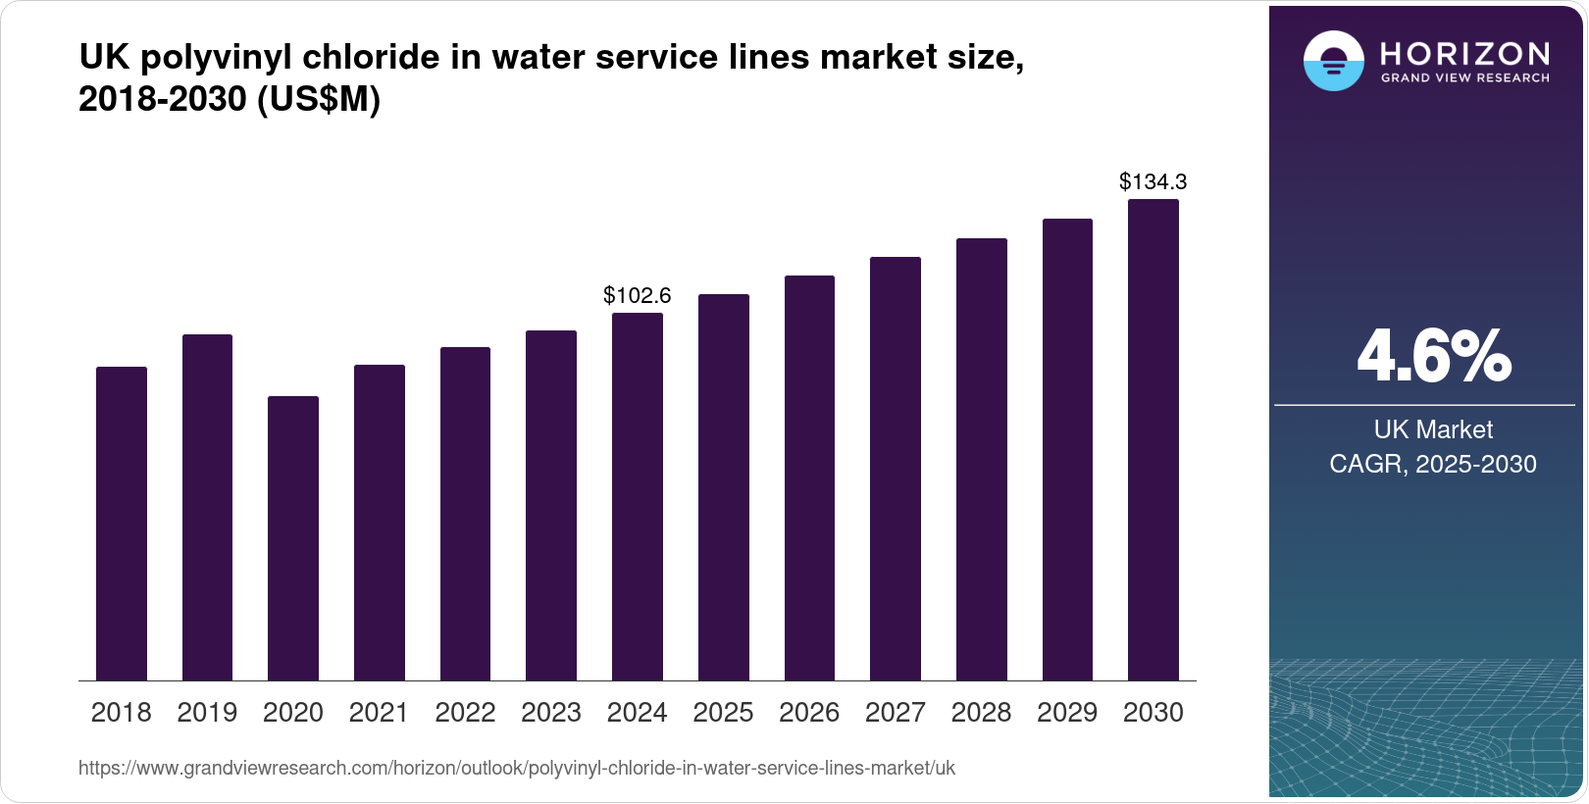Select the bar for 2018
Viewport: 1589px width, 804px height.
click(122, 524)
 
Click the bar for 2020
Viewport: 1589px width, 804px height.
click(293, 538)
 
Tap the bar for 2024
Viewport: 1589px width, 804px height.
click(637, 496)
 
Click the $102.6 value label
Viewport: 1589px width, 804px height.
click(637, 295)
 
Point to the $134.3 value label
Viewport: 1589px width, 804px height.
click(1153, 181)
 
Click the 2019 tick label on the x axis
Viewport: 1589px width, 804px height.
click(207, 713)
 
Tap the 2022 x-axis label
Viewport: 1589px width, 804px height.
click(465, 713)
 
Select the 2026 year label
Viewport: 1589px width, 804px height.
click(809, 713)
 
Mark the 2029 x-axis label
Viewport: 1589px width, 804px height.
click(1067, 713)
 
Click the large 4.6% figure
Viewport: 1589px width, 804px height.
click(1433, 357)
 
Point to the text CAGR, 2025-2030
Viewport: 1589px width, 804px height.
click(1433, 464)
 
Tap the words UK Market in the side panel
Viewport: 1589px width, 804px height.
click(1433, 429)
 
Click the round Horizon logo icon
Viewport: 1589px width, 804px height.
click(1333, 61)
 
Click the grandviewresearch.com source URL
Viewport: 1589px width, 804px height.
click(517, 768)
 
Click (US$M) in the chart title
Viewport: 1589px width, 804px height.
click(318, 99)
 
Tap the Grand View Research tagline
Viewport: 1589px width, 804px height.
click(1465, 77)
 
